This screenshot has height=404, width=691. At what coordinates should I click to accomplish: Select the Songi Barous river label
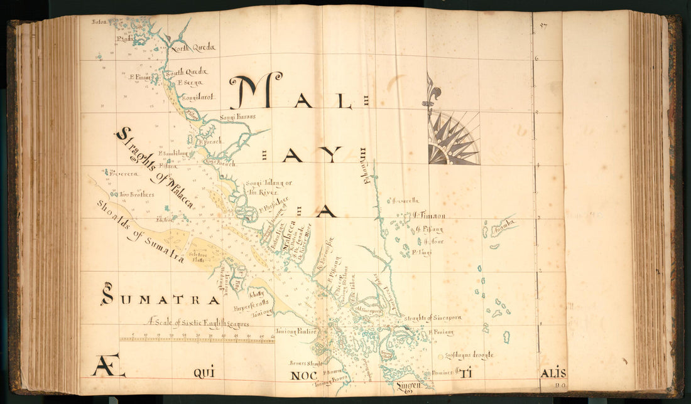pyautogui.click(x=237, y=117)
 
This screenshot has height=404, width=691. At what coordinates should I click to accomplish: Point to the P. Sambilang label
pyautogui.click(x=173, y=152)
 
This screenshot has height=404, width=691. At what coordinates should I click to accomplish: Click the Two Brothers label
pyautogui.click(x=137, y=194)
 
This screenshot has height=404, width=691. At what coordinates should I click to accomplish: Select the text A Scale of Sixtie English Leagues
pyautogui.click(x=199, y=324)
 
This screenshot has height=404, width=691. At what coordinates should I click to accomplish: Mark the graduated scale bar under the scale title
pyautogui.click(x=197, y=339)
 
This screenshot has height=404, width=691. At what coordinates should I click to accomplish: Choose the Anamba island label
pyautogui.click(x=503, y=222)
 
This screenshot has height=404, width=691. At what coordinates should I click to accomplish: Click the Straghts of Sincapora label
pyautogui.click(x=433, y=317)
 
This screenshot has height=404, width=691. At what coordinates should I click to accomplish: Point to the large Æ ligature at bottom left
pyautogui.click(x=108, y=366)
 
